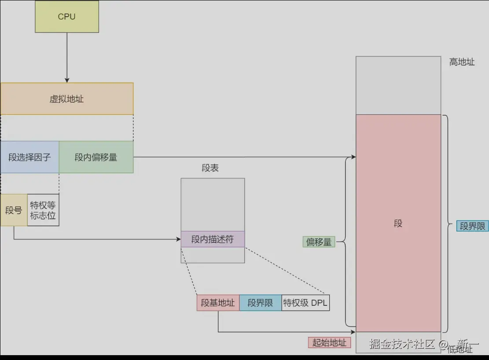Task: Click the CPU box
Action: pyautogui.click(x=67, y=17)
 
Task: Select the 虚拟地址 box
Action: pyautogui.click(x=67, y=99)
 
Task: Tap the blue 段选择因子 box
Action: pyautogui.click(x=29, y=157)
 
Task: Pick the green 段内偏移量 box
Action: pyautogui.click(x=96, y=157)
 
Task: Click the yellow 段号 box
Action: pyautogui.click(x=14, y=210)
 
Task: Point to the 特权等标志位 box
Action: pyautogui.click(x=43, y=210)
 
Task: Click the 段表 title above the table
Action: pyautogui.click(x=210, y=168)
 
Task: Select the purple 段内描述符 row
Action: pyautogui.click(x=213, y=239)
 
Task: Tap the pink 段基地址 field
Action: pyautogui.click(x=218, y=303)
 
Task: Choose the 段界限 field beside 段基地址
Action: pyautogui.click(x=260, y=303)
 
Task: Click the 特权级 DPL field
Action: pyautogui.click(x=305, y=303)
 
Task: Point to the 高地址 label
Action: pyautogui.click(x=462, y=62)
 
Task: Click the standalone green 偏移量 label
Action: pyautogui.click(x=319, y=242)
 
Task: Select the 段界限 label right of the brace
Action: pyautogui.click(x=472, y=226)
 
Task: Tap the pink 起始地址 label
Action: pyautogui.click(x=329, y=343)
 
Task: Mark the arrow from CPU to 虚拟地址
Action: pyautogui.click(x=67, y=57)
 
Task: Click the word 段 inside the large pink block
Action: pyautogui.click(x=398, y=224)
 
